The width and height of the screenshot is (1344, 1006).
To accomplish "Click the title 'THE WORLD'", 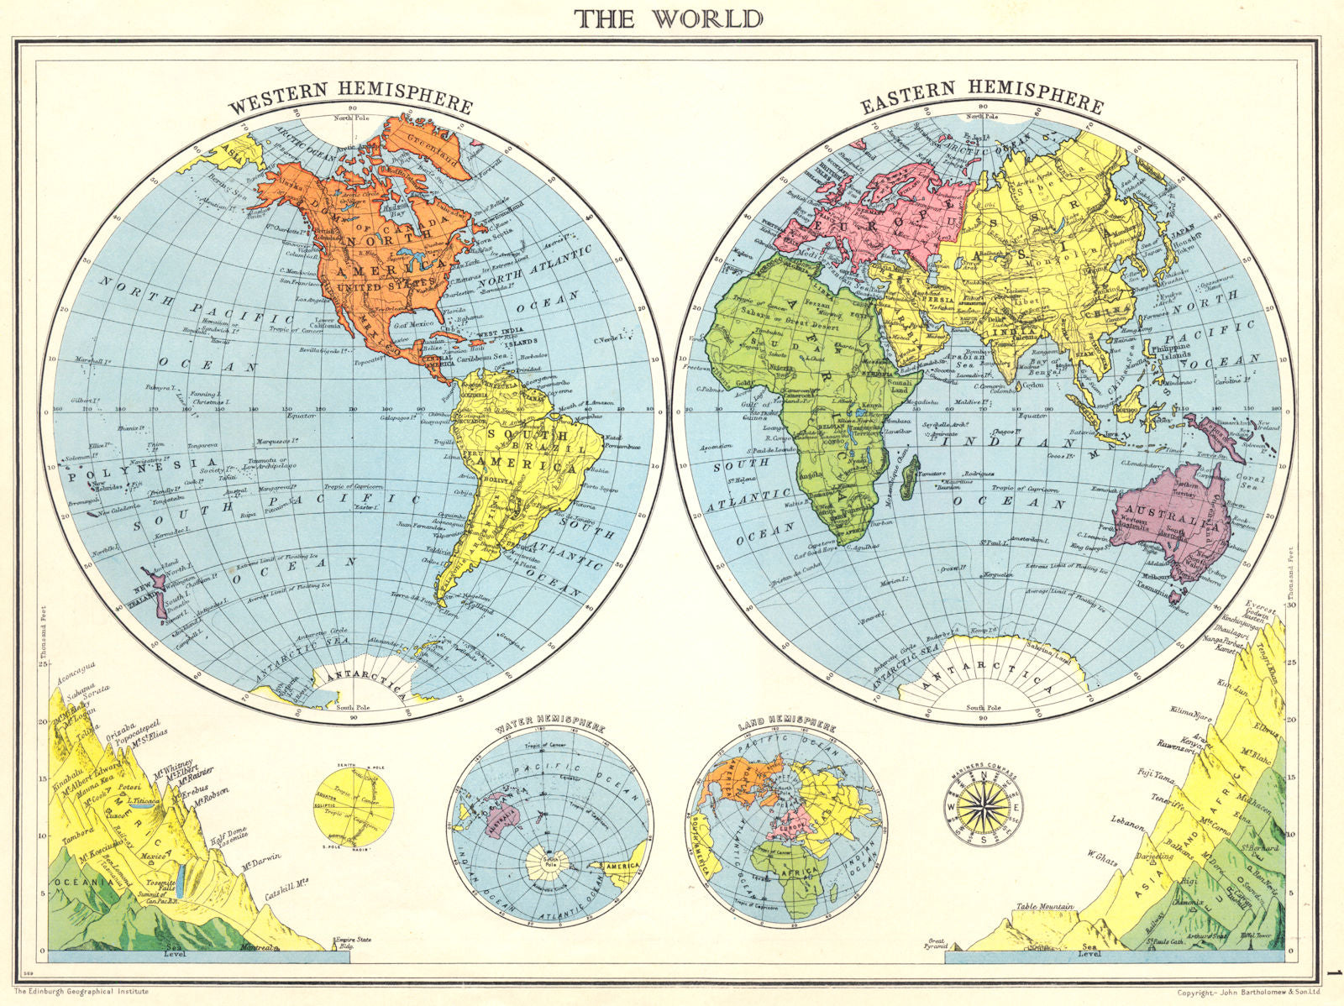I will pyautogui.click(x=669, y=18).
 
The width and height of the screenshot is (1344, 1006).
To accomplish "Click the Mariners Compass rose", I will pyautogui.click(x=979, y=808).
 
